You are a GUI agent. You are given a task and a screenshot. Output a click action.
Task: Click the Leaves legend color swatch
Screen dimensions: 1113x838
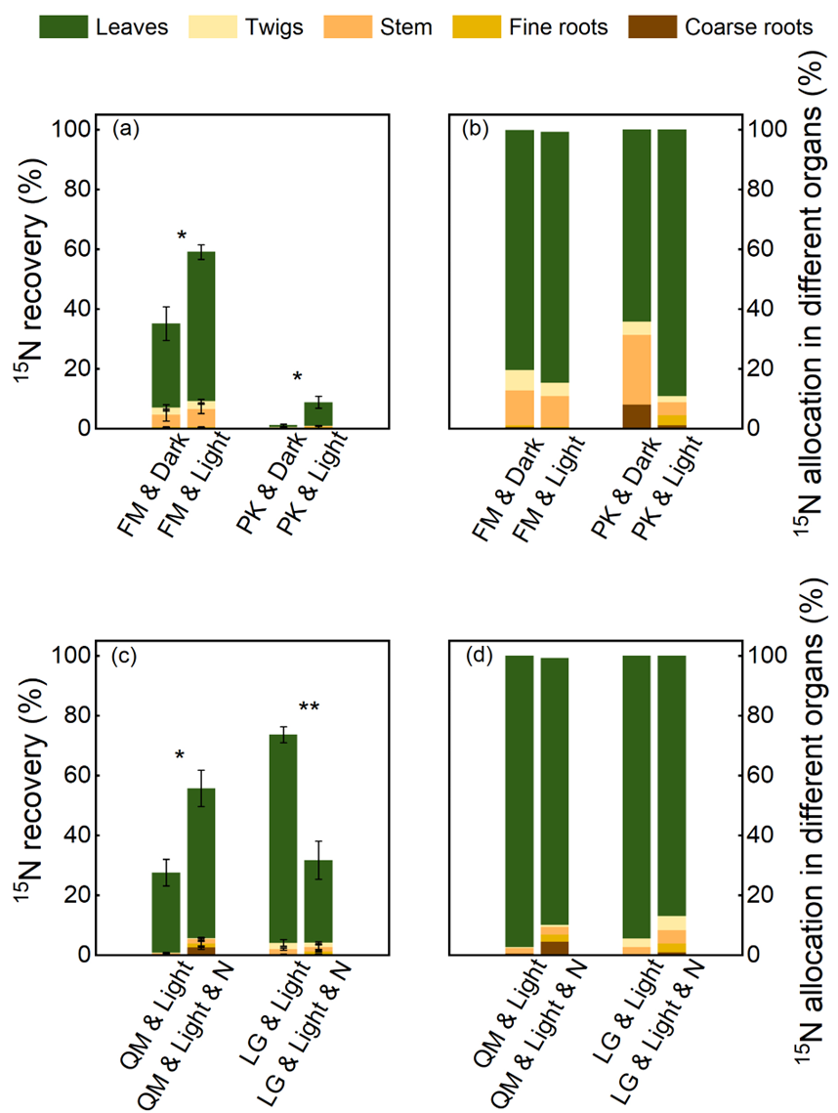pos(64,26)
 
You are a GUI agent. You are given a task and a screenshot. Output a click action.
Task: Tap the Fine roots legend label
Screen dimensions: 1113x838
pos(559,26)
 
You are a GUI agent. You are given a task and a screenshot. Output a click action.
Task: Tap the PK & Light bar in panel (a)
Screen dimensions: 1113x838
pos(318,415)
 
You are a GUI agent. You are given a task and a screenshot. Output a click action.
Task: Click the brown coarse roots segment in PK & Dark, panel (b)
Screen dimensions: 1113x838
pos(637,416)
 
